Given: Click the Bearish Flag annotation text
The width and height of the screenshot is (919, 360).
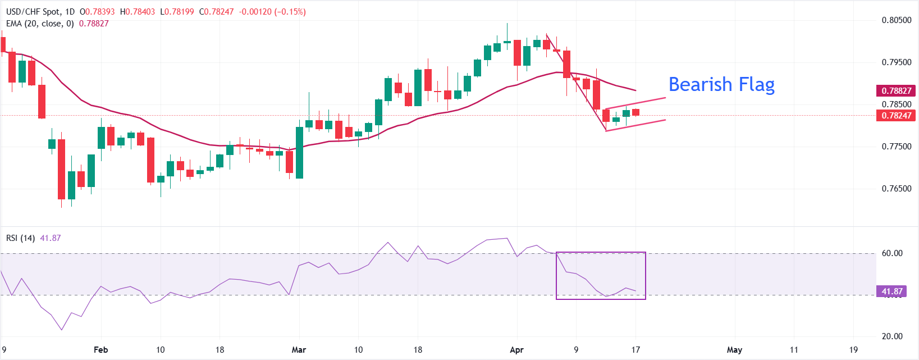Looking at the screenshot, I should (x=721, y=84).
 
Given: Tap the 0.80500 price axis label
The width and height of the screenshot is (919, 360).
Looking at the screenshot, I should (x=897, y=20).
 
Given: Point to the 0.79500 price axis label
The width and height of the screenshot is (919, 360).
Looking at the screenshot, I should (x=897, y=62).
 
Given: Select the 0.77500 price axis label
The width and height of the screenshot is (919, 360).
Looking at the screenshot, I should (x=897, y=147).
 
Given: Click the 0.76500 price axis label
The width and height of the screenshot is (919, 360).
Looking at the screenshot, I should (x=897, y=189).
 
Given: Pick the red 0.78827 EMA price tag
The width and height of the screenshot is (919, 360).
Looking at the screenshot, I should (x=897, y=91).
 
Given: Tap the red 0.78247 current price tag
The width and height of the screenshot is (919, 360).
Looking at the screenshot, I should (x=897, y=116).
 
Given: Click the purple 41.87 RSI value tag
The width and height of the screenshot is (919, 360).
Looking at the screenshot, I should (x=892, y=291).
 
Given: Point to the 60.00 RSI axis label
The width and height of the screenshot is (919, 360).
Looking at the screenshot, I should (x=892, y=253).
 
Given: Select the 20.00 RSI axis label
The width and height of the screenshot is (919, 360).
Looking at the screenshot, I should (x=892, y=336).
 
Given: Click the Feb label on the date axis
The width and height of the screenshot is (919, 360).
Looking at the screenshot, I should (x=100, y=350).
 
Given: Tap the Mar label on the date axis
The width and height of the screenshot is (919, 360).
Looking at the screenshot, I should (x=299, y=350).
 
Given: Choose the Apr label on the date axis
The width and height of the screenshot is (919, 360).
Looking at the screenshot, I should (x=516, y=350).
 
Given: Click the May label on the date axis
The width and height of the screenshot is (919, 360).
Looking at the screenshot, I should (x=734, y=350).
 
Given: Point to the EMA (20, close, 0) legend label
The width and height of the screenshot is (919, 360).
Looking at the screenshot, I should (x=40, y=24).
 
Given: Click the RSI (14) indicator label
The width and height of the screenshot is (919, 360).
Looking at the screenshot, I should (x=20, y=238).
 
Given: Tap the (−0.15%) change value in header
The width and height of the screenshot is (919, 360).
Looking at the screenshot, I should (x=290, y=12).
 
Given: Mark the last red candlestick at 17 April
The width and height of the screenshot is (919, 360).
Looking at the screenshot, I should (x=635, y=112).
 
